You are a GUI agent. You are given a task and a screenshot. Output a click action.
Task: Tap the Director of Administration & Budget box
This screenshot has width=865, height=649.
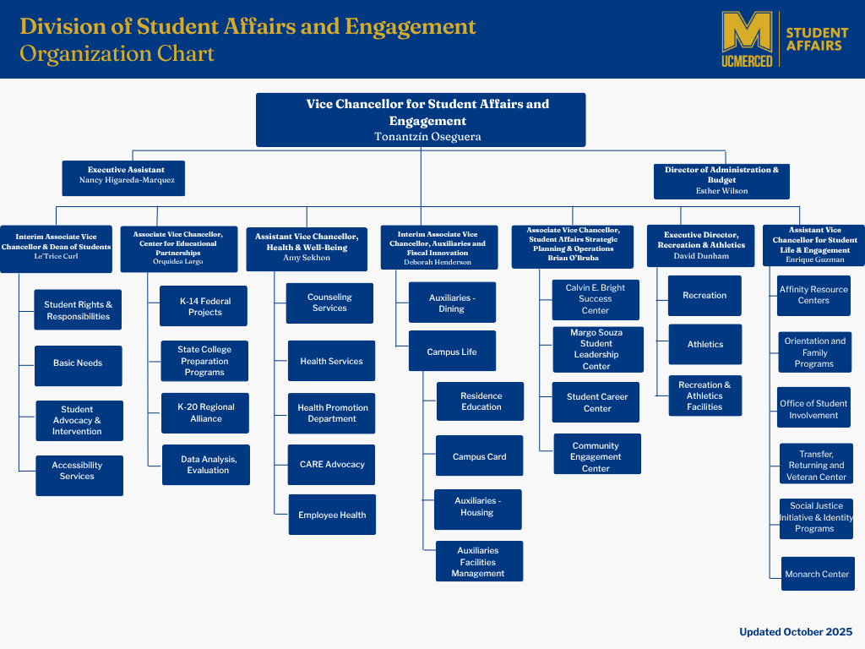tap(721, 180)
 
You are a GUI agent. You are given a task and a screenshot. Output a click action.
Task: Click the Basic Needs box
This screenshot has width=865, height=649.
tap(78, 363)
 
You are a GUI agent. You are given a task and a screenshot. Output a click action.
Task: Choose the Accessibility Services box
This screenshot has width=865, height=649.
tap(78, 472)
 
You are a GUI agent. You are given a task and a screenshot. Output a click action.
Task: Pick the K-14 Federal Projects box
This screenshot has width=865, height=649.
tap(204, 307)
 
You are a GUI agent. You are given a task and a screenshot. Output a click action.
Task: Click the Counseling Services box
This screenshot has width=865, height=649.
tap(329, 303)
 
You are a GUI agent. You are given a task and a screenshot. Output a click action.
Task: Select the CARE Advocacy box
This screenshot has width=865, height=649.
tap(332, 465)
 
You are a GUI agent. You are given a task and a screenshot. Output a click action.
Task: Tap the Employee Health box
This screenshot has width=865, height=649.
tap(332, 515)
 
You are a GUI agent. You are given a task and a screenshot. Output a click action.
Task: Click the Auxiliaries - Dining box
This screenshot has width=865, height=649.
tap(451, 303)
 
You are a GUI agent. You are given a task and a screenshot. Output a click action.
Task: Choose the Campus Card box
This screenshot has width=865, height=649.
tap(479, 457)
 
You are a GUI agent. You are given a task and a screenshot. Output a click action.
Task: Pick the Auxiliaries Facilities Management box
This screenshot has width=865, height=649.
tap(478, 562)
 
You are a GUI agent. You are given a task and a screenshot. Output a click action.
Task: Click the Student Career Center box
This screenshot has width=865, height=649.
tap(596, 403)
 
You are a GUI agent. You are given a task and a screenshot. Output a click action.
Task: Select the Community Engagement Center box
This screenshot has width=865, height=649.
tap(596, 457)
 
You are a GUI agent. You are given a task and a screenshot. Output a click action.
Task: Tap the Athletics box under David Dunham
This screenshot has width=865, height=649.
tap(705, 345)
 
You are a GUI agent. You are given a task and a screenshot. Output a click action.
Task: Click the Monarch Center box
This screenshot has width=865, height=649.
tap(817, 575)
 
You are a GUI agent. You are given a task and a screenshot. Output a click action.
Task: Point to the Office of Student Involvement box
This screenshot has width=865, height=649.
tap(814, 410)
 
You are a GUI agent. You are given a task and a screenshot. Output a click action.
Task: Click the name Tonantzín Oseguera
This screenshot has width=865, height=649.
tap(421, 136)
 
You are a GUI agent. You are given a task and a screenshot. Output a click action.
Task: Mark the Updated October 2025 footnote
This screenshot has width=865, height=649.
tap(796, 632)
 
